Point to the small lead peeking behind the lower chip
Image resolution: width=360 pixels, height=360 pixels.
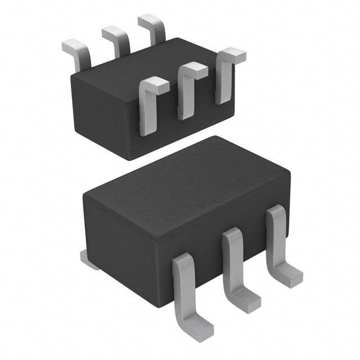pyautogui.click(x=88, y=259)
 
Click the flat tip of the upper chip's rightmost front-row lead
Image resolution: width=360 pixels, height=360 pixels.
pyautogui.click(x=232, y=55)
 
